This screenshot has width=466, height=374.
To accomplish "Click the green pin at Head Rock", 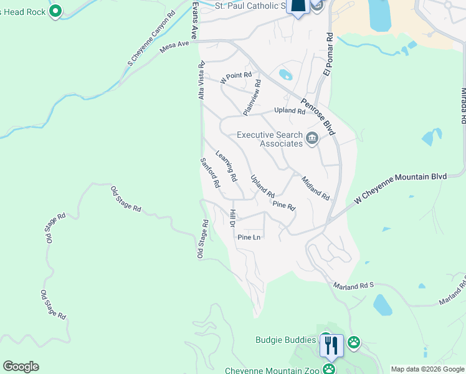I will click(55, 11).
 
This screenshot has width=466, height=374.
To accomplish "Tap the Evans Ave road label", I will click(195, 20).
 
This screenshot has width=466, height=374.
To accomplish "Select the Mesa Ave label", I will click(174, 45).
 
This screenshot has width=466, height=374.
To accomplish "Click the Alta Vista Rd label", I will click(201, 80).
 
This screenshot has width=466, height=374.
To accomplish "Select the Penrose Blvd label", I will click(316, 117).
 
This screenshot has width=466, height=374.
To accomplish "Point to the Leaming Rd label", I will click(226, 166).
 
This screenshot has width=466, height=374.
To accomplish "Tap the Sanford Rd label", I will click(210, 173).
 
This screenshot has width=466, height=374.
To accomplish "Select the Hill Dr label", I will click(231, 219).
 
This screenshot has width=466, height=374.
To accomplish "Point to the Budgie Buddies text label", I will click(286, 340).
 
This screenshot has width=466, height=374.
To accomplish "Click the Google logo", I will click(21, 367).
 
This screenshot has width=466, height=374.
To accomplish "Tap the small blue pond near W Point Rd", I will click(285, 75).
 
